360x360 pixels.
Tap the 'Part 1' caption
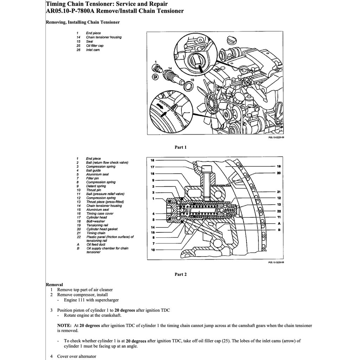[180, 147]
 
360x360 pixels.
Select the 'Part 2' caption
[180, 275]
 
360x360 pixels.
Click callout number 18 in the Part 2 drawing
[153, 160]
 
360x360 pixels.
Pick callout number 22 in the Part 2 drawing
[278, 211]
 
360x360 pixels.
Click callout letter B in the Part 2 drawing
[278, 230]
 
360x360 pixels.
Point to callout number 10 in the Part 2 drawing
[153, 250]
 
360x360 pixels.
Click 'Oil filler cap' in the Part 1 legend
[95, 46]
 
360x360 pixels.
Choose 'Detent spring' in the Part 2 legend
[96, 186]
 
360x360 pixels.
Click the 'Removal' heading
[54, 284]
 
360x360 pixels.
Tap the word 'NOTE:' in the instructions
[64, 326]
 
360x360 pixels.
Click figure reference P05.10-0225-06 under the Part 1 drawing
[276, 138]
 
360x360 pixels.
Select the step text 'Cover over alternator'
[77, 356]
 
